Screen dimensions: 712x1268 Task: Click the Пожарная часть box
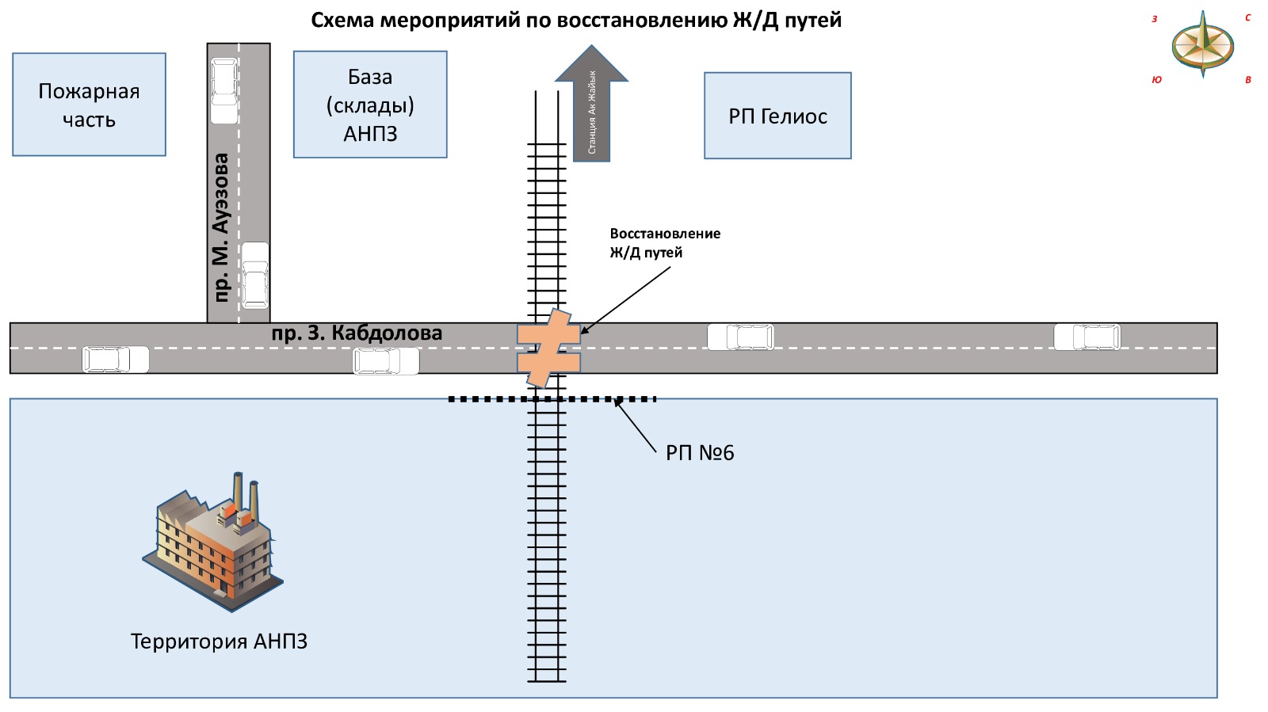89,105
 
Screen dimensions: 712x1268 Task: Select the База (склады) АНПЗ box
370,105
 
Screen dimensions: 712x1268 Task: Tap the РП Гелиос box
777,116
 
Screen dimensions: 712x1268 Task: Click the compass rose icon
1202,44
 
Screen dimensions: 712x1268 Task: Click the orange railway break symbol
548,348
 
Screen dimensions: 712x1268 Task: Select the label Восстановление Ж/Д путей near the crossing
664,243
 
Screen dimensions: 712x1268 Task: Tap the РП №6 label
700,453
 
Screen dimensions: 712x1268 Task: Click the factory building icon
214,543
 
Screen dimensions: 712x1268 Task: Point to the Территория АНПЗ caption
219,642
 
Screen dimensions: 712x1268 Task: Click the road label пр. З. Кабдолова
357,333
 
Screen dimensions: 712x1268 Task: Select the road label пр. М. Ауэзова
221,227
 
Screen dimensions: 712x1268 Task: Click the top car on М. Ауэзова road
224,89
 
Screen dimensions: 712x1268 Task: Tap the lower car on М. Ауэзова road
254,275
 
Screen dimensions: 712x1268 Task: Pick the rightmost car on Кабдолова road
1087,337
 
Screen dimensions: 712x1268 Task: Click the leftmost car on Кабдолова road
116,360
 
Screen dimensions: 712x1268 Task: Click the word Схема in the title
342,20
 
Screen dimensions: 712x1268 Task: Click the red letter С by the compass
1247,17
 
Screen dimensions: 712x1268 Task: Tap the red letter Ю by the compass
1156,80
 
